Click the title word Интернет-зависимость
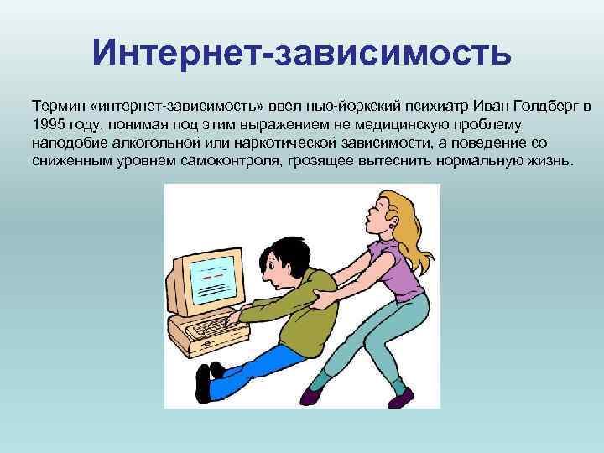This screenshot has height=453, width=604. coord(302,52)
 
